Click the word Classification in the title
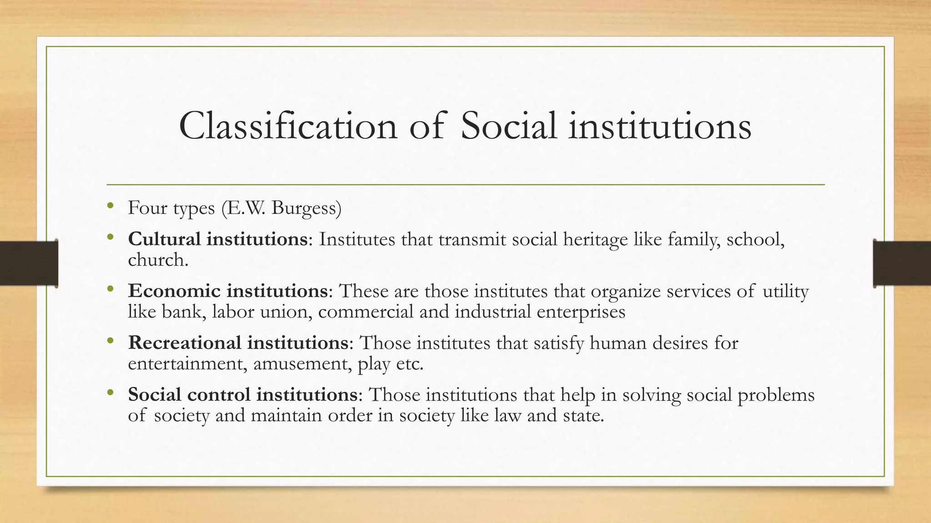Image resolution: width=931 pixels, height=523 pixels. click(288, 126)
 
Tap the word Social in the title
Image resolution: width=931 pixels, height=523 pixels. click(508, 126)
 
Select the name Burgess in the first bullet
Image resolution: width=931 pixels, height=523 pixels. click(306, 208)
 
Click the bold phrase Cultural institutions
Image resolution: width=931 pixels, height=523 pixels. click(218, 239)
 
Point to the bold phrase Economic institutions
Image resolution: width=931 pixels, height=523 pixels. click(227, 291)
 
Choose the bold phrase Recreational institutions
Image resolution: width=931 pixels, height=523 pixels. click(238, 343)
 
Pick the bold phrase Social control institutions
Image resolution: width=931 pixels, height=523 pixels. click(243, 395)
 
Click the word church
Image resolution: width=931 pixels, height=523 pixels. click(157, 260)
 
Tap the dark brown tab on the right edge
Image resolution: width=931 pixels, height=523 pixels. click(902, 263)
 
